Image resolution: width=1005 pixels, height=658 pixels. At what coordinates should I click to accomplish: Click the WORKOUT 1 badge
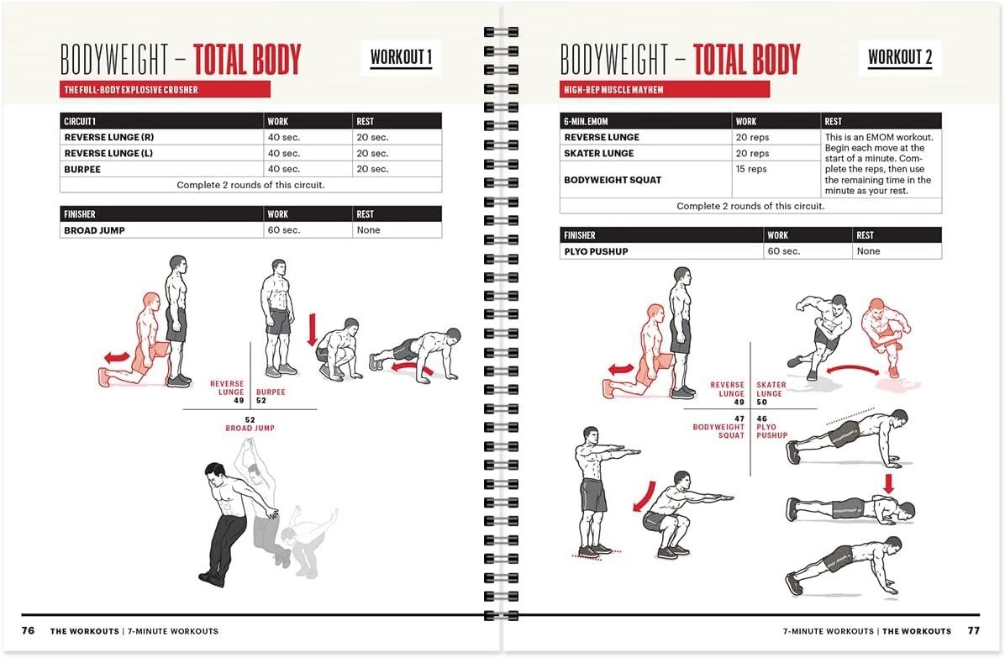[x=401, y=58]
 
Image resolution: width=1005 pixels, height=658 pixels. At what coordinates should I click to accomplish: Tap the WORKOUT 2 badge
[x=899, y=58]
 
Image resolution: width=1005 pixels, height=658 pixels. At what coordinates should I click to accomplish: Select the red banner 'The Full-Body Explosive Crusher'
[x=165, y=89]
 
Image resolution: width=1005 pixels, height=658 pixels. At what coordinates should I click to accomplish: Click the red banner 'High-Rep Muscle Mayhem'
[x=664, y=89]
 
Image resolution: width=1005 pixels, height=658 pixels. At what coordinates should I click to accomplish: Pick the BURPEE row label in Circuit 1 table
[x=82, y=169]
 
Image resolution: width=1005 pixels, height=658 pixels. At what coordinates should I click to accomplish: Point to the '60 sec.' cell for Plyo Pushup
[x=783, y=251]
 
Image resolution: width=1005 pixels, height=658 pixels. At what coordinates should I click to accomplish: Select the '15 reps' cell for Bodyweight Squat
[x=751, y=169]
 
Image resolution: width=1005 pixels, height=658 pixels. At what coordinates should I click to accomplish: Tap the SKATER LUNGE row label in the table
[x=599, y=154]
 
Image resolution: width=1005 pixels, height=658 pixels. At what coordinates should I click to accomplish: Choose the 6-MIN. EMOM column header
[x=586, y=122]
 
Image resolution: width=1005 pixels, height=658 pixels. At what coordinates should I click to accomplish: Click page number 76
[x=29, y=630]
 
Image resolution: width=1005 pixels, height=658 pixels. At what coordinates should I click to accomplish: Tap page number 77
[x=973, y=630]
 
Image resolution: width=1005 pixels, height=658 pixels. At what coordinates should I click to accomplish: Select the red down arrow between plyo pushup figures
[x=889, y=483]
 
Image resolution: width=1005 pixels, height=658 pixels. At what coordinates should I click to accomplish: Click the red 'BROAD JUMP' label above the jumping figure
[x=250, y=429]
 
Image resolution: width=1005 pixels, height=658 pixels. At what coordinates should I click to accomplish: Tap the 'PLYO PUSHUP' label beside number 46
[x=771, y=431]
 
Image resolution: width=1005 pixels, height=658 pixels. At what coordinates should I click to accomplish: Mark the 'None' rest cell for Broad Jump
[x=368, y=230]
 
